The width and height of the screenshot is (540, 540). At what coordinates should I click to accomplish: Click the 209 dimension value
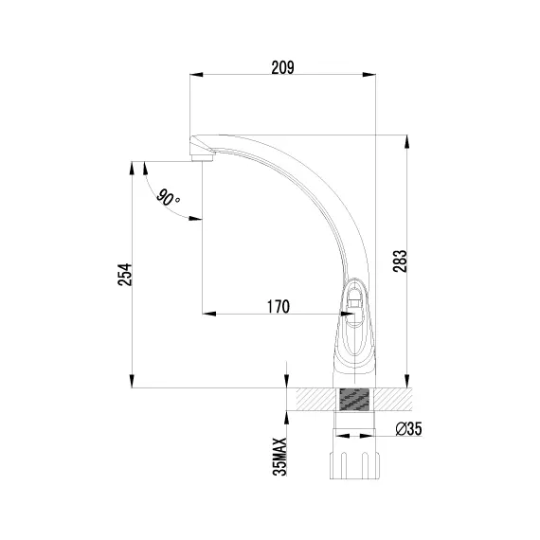click(x=282, y=67)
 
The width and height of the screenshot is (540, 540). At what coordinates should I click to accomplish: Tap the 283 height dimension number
click(x=400, y=261)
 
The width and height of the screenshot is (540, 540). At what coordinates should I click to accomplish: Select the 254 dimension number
click(x=125, y=275)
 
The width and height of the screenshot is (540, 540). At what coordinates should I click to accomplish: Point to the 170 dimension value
click(x=279, y=307)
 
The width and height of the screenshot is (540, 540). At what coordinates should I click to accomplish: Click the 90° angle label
click(x=168, y=199)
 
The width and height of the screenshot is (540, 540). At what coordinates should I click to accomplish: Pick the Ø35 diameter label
click(x=408, y=429)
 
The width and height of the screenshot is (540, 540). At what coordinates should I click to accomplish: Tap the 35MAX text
click(x=279, y=457)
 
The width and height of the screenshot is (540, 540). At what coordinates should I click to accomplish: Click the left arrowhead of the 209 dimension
click(x=197, y=75)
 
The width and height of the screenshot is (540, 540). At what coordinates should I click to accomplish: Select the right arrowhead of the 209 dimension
click(x=369, y=75)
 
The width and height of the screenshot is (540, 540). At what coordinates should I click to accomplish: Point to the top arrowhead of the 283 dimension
click(x=407, y=142)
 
